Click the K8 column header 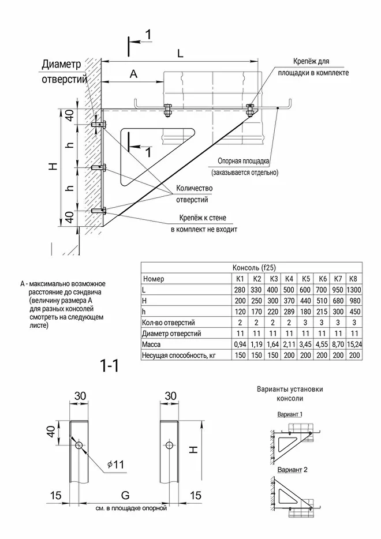click(353, 279)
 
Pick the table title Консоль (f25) click(252, 268)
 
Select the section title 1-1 click(109, 366)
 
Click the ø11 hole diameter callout click(115, 464)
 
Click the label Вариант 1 click(290, 414)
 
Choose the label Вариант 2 click(292, 469)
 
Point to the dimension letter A click(133, 74)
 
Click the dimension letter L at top click(180, 53)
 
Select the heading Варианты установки click(290, 389)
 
